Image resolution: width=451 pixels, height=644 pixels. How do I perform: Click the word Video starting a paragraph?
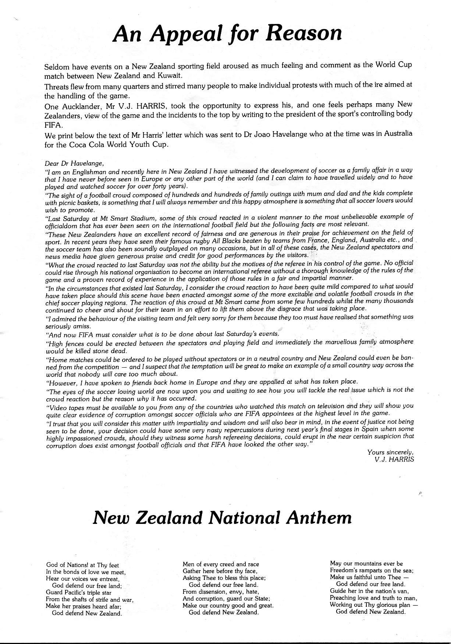[56, 406]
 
